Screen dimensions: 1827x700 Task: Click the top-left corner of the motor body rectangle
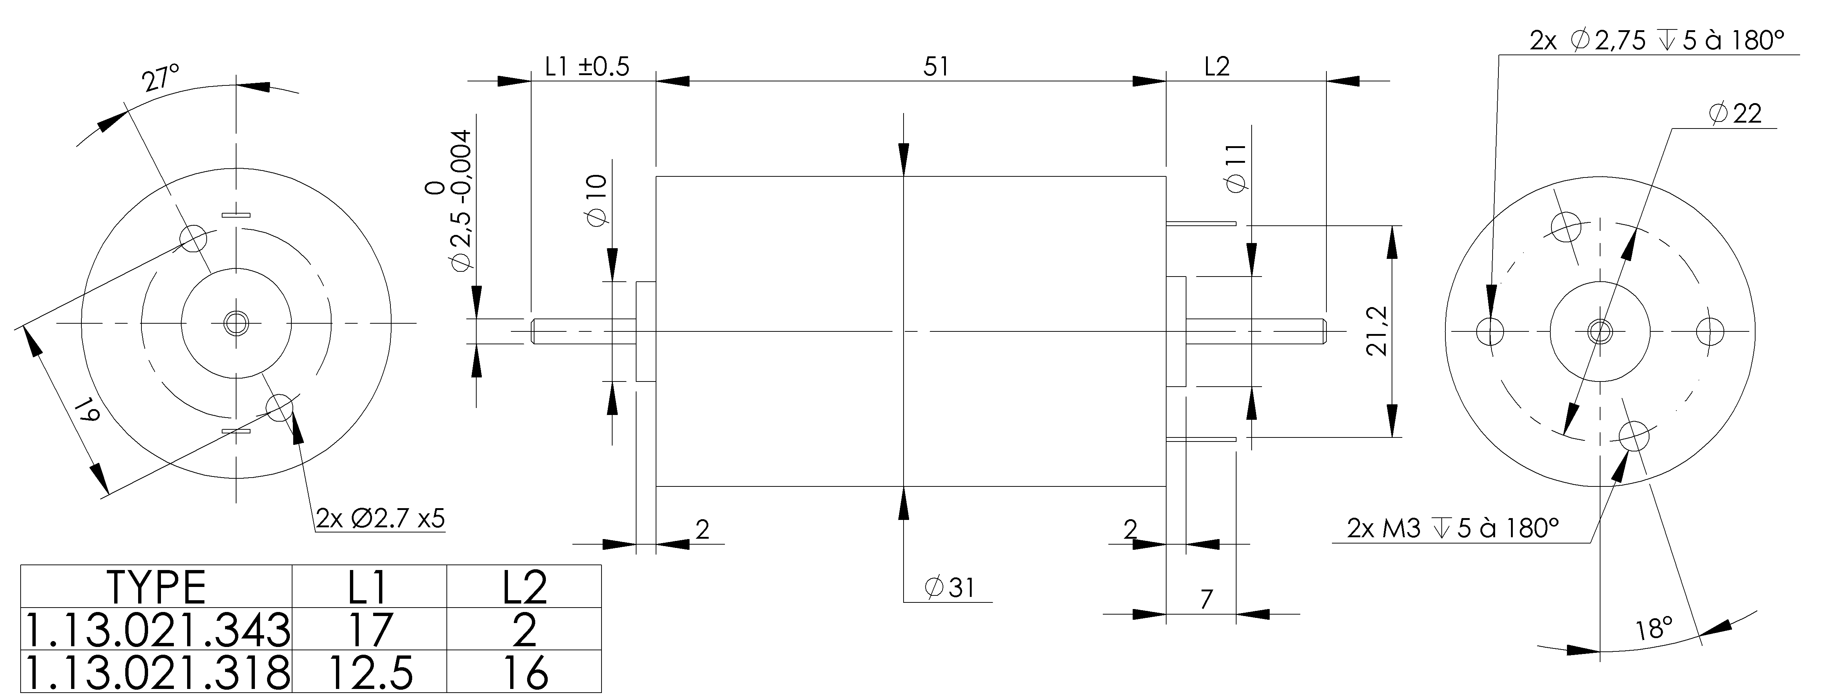pyautogui.click(x=657, y=176)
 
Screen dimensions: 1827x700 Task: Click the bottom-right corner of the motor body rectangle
pyautogui.click(x=1166, y=486)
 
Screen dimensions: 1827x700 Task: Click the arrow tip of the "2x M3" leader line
pyautogui.click(x=1626, y=452)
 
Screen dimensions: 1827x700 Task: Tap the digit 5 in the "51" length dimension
pyautogui.click(x=929, y=67)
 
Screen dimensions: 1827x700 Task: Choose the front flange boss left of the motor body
pyautogui.click(x=646, y=331)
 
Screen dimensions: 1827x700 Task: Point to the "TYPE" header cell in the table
pyautogui.click(x=157, y=587)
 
